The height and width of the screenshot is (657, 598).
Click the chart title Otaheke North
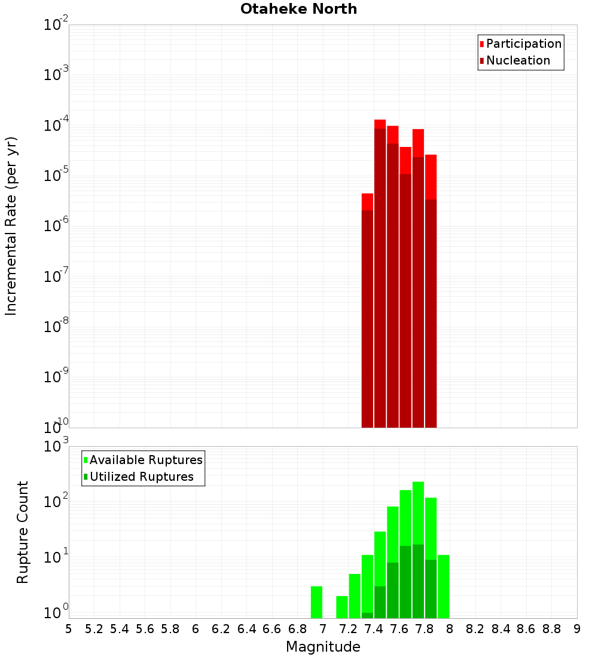(x=298, y=10)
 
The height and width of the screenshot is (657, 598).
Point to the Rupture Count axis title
(x=23, y=532)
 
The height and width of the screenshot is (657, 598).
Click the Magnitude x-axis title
(x=323, y=647)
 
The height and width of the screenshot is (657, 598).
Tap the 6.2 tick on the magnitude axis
(x=221, y=629)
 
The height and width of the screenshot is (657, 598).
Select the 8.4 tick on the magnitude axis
(x=501, y=629)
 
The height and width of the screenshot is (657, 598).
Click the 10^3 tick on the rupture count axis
(x=57, y=446)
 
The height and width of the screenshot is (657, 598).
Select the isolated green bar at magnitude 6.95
(x=316, y=602)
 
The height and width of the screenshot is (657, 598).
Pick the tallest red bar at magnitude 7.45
(x=380, y=124)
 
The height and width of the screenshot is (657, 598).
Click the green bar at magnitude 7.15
(x=341, y=607)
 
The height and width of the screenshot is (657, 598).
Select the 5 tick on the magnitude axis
(x=69, y=629)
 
